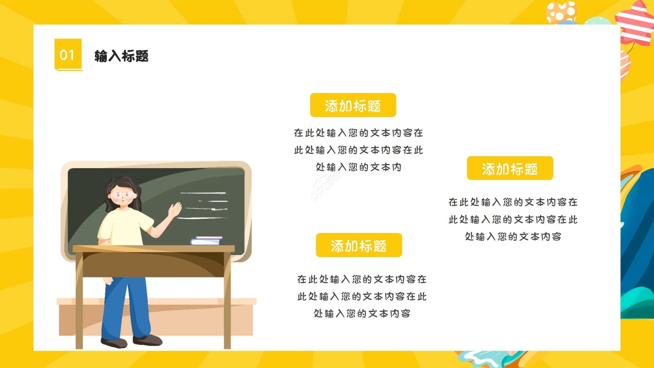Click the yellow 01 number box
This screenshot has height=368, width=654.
click(68, 55)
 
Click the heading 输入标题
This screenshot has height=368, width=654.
click(122, 56)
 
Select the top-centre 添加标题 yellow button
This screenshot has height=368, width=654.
click(353, 105)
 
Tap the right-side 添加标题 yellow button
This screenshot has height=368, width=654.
click(510, 168)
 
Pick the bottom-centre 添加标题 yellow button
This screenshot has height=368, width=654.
click(359, 245)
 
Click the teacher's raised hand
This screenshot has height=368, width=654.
click(175, 210)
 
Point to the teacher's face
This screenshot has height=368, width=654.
click(123, 196)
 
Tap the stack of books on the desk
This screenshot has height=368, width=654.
click(206, 240)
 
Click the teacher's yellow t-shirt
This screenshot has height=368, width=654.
click(124, 226)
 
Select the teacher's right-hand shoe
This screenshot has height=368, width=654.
click(148, 340)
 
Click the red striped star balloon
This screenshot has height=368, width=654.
click(636, 24)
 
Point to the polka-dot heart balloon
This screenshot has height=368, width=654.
click(561, 12)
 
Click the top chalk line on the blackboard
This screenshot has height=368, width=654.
click(203, 193)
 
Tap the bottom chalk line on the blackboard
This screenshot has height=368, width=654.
click(202, 218)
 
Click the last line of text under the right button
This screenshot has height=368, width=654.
click(513, 236)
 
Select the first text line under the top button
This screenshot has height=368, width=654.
click(359, 133)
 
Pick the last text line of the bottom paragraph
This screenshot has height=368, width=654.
click(362, 313)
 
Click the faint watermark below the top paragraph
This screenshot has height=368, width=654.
click(326, 186)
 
